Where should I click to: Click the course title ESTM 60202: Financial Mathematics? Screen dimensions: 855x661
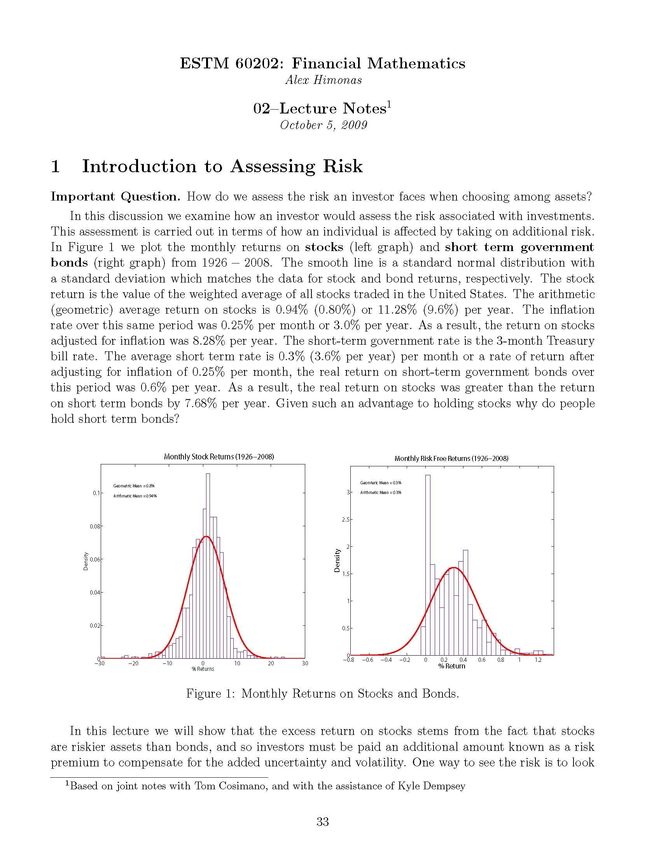pyautogui.click(x=322, y=63)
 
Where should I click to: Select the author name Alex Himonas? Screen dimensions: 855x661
pyautogui.click(x=324, y=80)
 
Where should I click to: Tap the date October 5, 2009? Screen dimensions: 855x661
pyautogui.click(x=324, y=125)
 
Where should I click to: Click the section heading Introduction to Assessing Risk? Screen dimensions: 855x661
pyautogui.click(x=222, y=166)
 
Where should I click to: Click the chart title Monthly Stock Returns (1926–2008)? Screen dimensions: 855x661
pyautogui.click(x=219, y=457)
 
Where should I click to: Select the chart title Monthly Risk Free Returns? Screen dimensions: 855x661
pyautogui.click(x=451, y=459)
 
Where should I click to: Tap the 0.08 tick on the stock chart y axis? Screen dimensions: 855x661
pyautogui.click(x=95, y=527)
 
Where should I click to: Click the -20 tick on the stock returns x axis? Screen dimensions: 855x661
pyautogui.click(x=133, y=663)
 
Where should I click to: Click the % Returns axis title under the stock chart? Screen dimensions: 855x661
pyautogui.click(x=203, y=669)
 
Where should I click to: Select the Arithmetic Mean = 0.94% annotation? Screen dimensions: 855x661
pyautogui.click(x=135, y=496)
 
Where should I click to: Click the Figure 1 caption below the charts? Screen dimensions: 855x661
pyautogui.click(x=322, y=694)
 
